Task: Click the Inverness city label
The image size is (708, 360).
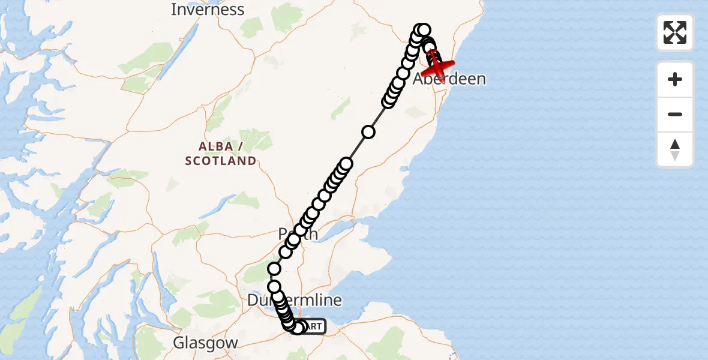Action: [208, 10]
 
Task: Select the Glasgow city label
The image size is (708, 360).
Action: [205, 343]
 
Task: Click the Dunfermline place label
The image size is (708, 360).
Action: [294, 300]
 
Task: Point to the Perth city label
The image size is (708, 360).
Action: [299, 234]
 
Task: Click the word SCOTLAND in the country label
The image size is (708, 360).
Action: [221, 161]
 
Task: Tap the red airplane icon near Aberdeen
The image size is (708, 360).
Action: [437, 66]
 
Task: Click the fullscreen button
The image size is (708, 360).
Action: [675, 32]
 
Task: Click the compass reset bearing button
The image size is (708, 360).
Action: [675, 150]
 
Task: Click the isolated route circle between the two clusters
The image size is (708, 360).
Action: [368, 132]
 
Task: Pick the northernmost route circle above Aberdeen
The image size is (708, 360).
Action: [424, 29]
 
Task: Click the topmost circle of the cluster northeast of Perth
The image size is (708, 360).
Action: [346, 164]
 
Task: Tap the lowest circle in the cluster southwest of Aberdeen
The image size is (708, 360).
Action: [388, 101]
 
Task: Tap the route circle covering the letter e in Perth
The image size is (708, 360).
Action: [293, 240]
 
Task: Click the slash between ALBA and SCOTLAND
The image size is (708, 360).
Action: [240, 146]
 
